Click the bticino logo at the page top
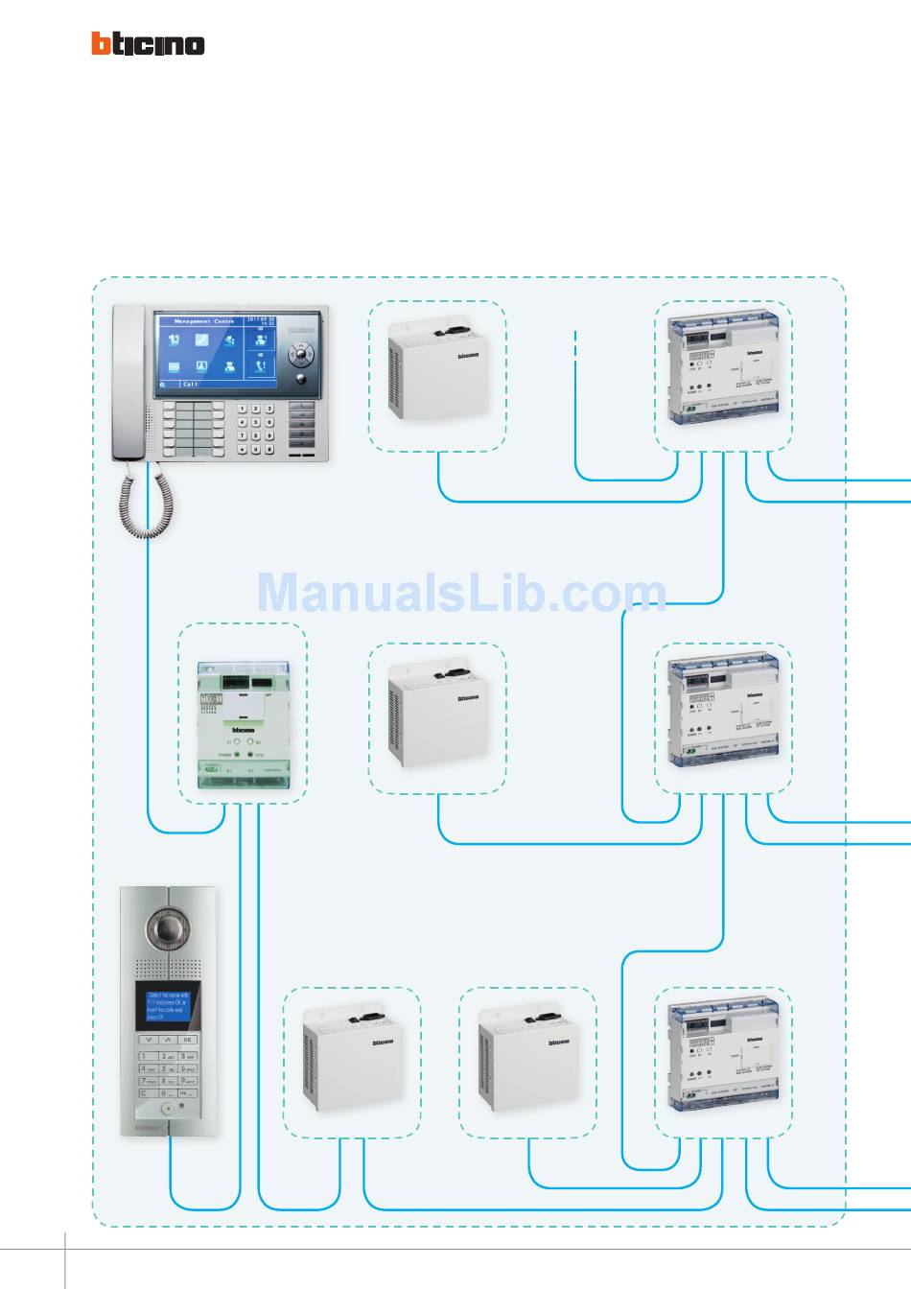click(x=148, y=44)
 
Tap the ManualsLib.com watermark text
click(x=461, y=593)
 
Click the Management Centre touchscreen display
click(x=217, y=352)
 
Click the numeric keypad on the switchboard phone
click(x=256, y=429)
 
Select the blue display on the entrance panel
click(x=168, y=1005)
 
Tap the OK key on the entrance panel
click(x=188, y=1040)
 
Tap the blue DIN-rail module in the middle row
click(x=723, y=715)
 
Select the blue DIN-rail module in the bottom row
click(x=723, y=1060)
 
